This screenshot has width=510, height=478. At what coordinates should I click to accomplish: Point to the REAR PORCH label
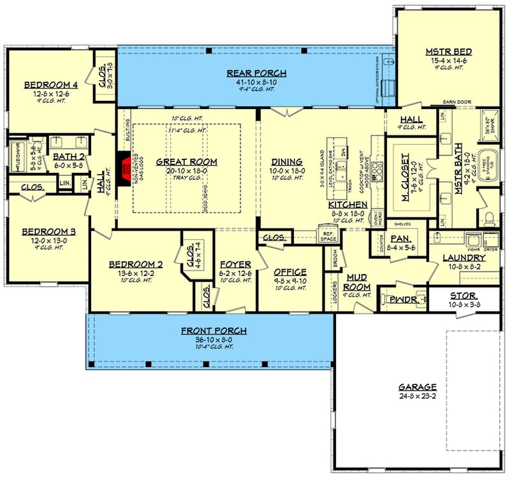[x=256, y=73]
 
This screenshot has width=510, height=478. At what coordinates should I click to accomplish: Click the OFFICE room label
[x=290, y=272]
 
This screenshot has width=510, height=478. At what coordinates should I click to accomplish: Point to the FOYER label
[x=235, y=264]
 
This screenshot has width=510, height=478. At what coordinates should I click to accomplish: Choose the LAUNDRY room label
[x=465, y=257]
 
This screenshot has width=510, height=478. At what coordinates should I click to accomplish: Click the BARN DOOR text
[x=456, y=101]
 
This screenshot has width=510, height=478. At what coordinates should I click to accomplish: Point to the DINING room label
[x=286, y=162]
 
